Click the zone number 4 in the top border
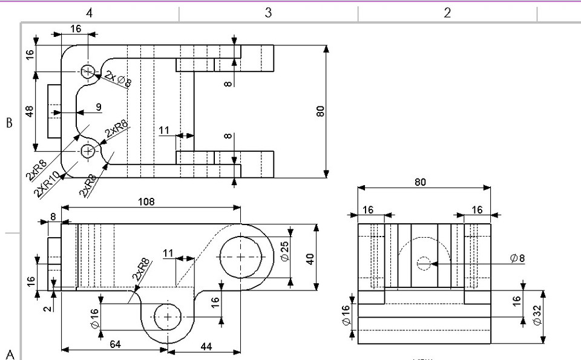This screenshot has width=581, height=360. (x=89, y=13)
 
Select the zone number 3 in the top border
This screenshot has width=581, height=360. (x=268, y=13)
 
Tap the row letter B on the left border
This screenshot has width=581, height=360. (x=9, y=123)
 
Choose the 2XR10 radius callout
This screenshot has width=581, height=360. (x=48, y=184)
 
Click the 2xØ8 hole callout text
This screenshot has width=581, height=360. (x=118, y=79)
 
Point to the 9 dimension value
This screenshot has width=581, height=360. (x=98, y=107)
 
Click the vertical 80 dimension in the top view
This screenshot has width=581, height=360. (x=321, y=111)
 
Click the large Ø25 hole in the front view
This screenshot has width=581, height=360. (x=241, y=257)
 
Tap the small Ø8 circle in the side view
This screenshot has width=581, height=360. (x=424, y=263)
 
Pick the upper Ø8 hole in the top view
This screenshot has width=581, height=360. (x=89, y=72)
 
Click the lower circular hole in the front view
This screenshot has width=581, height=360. (x=168, y=316)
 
